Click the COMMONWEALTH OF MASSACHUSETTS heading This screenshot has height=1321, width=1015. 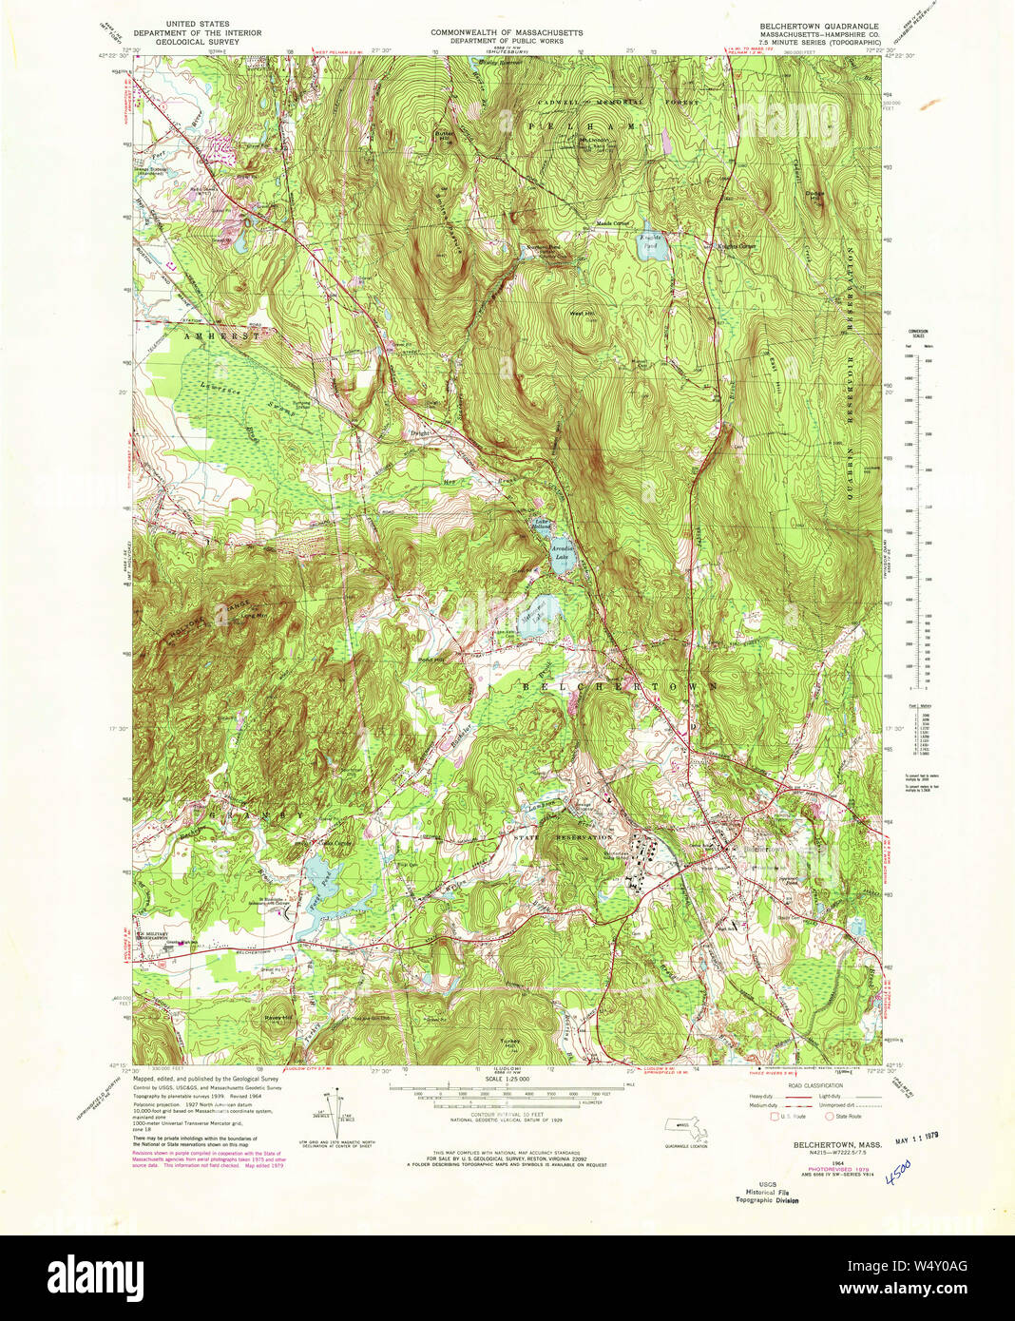pyautogui.click(x=507, y=32)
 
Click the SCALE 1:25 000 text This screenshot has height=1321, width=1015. pyautogui.click(x=507, y=1080)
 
